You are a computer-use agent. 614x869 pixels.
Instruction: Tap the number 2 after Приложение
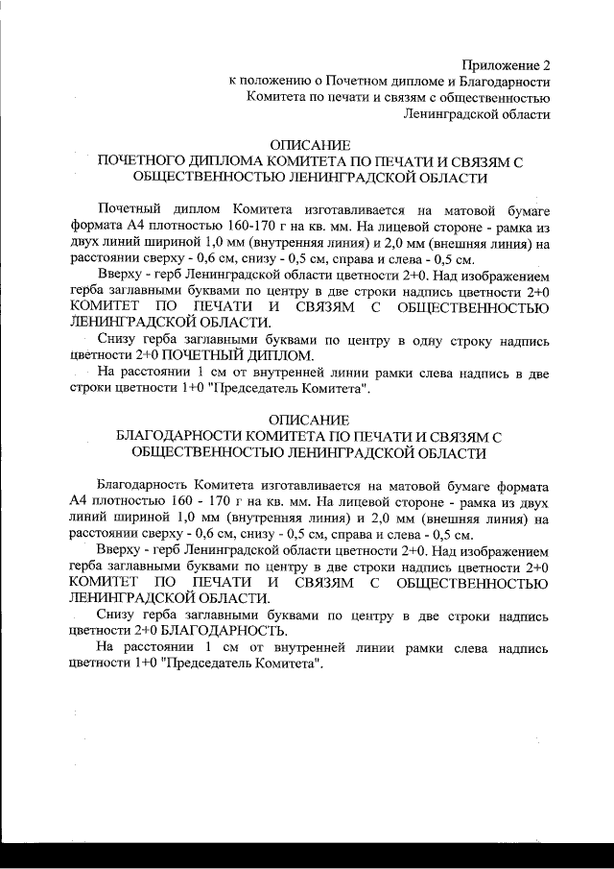point(547,65)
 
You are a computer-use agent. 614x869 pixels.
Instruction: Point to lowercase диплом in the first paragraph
point(197,209)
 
